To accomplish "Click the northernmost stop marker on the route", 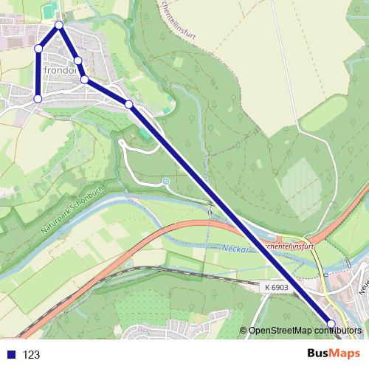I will [59, 26].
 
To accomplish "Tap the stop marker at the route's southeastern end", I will [331, 324].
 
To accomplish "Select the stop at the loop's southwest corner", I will [38, 97].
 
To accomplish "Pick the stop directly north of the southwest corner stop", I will [38, 49].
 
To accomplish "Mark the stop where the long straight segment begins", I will [129, 105].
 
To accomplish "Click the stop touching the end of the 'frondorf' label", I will [84, 79].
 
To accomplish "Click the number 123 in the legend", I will [32, 355].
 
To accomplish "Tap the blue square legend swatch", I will [10, 355].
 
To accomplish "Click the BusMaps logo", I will [334, 354].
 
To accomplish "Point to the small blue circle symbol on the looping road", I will [165, 181].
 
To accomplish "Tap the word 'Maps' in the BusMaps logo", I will [345, 354].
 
